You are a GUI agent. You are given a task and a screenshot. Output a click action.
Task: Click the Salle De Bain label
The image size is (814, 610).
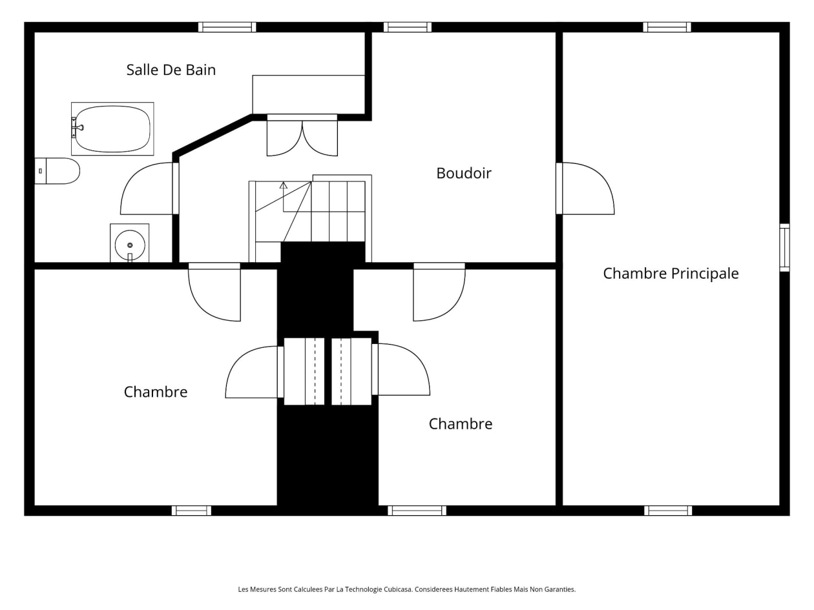tap(171, 70)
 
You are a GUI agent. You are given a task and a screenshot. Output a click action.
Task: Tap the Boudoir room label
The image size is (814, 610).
tap(464, 174)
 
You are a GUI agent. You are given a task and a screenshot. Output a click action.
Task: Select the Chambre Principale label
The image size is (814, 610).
tap(671, 274)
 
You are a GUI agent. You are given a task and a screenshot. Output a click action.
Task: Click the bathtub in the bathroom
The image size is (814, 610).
tap(112, 129)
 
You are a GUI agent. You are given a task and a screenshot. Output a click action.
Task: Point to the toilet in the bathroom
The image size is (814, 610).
tap(57, 171)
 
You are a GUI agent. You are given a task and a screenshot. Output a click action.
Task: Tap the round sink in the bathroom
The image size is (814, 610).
tap(130, 245)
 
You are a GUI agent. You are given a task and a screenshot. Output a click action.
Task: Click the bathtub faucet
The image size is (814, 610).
tap(77, 128)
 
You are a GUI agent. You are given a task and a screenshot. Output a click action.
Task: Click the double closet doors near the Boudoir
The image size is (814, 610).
tap(302, 136)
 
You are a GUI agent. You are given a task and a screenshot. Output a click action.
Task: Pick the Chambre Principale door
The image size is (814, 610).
tap(585, 188)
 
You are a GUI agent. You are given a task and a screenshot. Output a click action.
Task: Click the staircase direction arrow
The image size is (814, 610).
tap(284, 197)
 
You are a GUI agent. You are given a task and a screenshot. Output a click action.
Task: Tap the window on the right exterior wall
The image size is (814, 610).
tap(784, 247)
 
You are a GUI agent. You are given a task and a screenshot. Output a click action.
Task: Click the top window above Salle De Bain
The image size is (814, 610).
tap(227, 27)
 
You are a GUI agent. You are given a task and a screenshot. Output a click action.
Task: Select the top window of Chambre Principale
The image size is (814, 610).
tap(667, 27)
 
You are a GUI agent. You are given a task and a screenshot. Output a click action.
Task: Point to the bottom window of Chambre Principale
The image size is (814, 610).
tap(668, 511)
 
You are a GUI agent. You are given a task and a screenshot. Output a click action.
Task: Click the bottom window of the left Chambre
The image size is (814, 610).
tap(191, 511)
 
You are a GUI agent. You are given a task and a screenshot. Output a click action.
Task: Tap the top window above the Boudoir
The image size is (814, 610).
tap(408, 27)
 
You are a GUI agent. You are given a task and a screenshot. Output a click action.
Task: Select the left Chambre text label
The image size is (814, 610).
tap(156, 392)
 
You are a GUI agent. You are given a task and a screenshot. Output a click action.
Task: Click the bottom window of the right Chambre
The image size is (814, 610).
tap(417, 511)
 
